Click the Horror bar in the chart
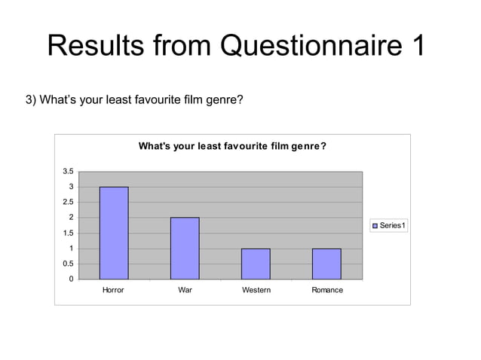coord(113,233)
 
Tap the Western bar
coord(256,264)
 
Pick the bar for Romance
coord(326,264)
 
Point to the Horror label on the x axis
coord(113,290)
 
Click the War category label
coord(184,290)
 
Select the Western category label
coord(256,290)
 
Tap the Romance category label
coord(326,290)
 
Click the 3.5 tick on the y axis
coord(68,172)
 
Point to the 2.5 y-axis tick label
coord(68,203)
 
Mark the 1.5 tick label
coord(68,233)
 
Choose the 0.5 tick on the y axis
coord(68,264)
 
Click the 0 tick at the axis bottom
coord(71,279)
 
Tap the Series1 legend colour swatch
coord(375,225)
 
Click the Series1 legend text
coord(393,225)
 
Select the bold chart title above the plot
coord(232,146)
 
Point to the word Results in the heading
coord(94,46)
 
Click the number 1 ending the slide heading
coord(415,46)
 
